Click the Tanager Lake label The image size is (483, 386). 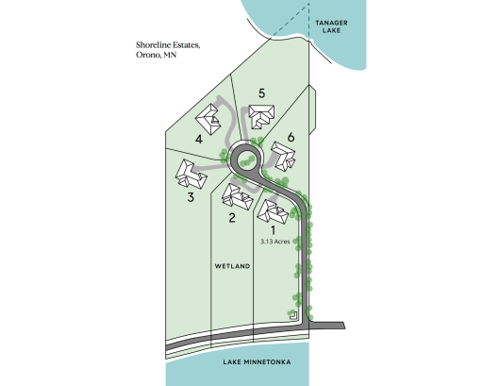(x=331, y=26)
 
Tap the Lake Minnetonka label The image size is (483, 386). (x=257, y=362)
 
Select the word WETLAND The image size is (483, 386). (x=232, y=266)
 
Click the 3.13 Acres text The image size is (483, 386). (x=275, y=242)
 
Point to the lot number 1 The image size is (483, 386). (x=273, y=230)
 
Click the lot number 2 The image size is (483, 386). (x=232, y=218)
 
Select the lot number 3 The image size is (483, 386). (x=191, y=197)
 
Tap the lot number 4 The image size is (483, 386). (x=199, y=139)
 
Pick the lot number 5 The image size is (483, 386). (x=262, y=93)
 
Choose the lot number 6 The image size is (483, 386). (x=291, y=137)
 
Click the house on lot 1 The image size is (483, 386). (x=273, y=211)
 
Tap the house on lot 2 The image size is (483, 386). (x=237, y=196)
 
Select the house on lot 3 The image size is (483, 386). (x=191, y=175)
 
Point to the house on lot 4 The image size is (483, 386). (x=208, y=120)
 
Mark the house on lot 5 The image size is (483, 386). (x=261, y=116)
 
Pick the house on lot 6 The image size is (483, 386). (x=283, y=157)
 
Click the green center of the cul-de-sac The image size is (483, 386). (x=247, y=159)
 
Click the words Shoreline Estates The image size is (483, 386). (x=168, y=45)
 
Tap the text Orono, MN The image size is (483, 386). (x=157, y=55)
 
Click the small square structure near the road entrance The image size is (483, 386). (x=293, y=316)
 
